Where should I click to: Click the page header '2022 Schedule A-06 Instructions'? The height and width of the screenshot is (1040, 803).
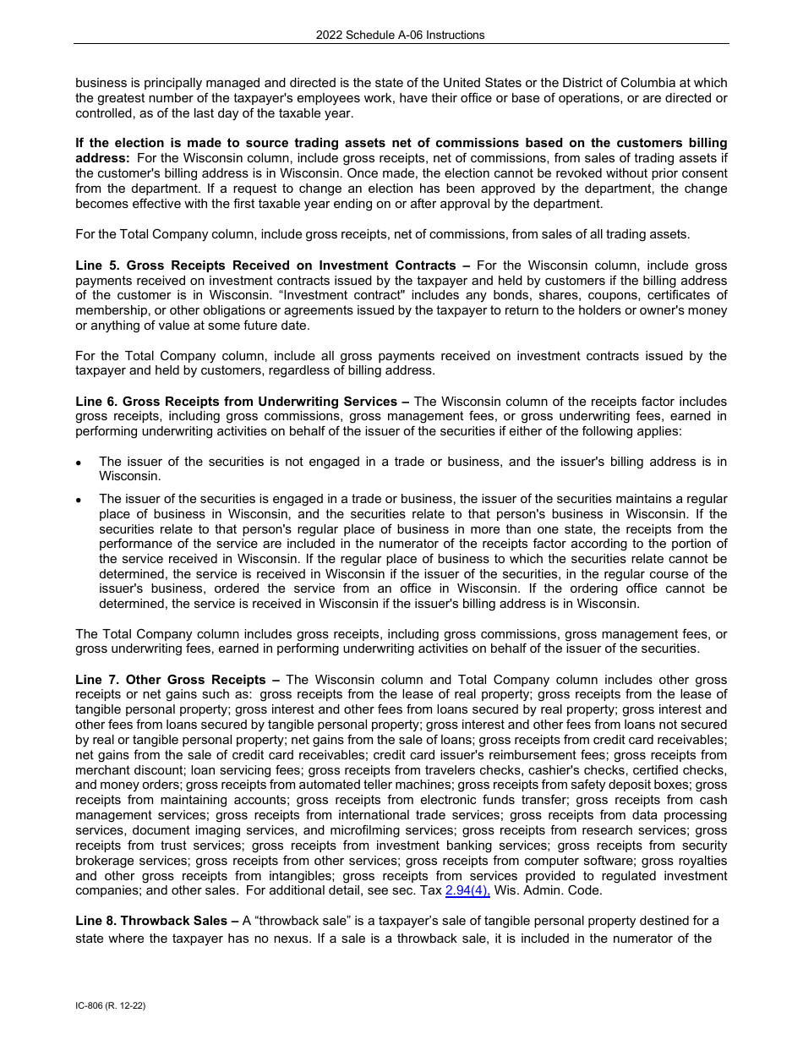(401, 35)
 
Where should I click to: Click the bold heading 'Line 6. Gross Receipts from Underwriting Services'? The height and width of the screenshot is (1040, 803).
(237, 402)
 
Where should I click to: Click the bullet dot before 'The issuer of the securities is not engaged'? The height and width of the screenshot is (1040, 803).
(79, 463)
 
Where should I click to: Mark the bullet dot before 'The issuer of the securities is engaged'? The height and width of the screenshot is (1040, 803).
(79, 500)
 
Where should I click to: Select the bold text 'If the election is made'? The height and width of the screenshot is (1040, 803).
(145, 143)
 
